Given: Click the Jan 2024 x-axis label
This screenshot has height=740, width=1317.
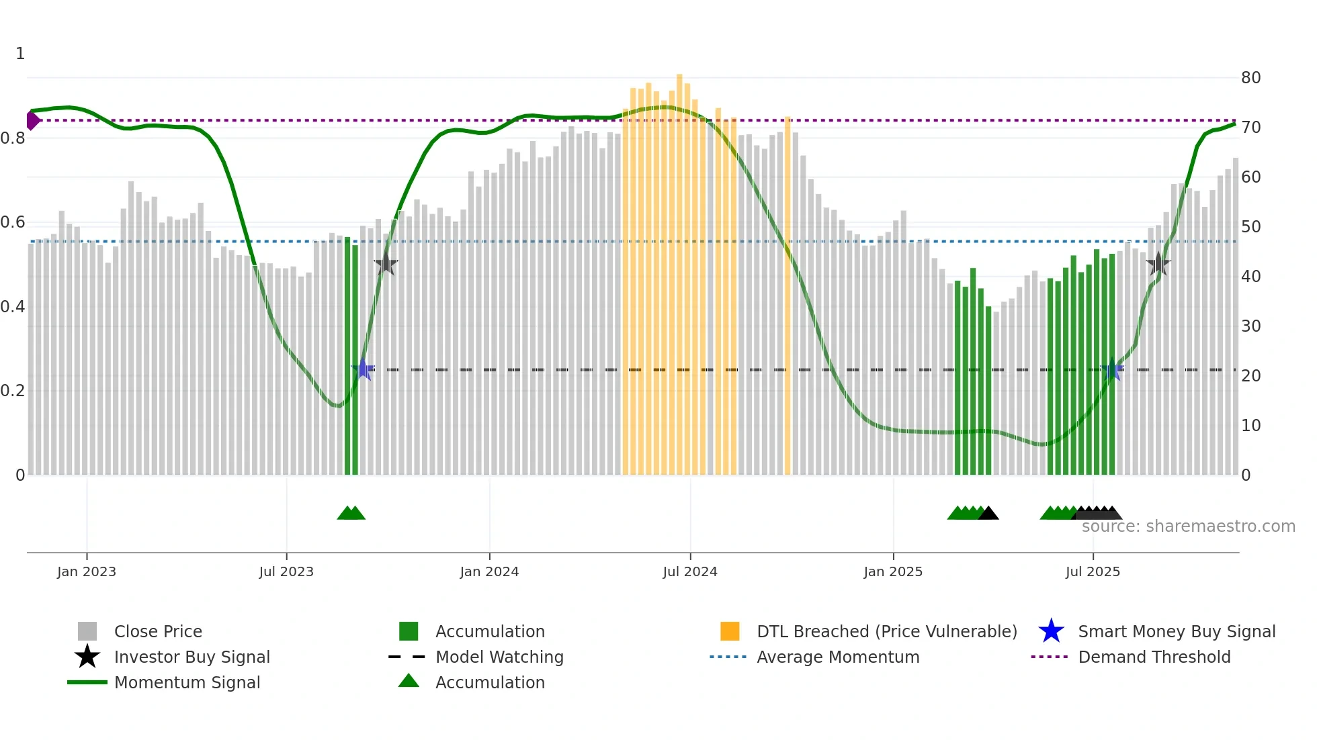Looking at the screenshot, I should click(x=489, y=571).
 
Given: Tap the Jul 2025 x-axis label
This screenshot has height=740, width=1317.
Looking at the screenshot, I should click(x=1093, y=571).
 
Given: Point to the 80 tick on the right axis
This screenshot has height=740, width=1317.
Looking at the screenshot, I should click(x=1250, y=78).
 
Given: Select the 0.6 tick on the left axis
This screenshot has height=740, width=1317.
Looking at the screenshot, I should click(x=13, y=222).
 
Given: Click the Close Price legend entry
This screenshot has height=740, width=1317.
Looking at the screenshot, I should click(x=157, y=631).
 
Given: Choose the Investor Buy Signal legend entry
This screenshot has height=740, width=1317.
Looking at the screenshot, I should click(x=192, y=657).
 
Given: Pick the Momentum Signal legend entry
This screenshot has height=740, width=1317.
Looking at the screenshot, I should click(x=187, y=682).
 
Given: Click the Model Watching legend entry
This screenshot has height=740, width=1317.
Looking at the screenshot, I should click(x=499, y=657).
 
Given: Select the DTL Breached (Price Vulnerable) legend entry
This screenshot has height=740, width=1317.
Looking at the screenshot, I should click(x=886, y=631).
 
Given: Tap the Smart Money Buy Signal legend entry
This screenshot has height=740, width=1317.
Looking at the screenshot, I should click(x=1176, y=631).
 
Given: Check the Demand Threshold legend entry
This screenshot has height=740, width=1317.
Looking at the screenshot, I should click(x=1154, y=657).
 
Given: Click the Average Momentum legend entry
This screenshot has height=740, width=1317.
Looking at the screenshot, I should click(x=837, y=657).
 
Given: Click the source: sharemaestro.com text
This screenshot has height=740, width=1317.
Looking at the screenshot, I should click(x=1188, y=526).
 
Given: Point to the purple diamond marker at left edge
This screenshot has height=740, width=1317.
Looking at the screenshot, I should click(x=32, y=121).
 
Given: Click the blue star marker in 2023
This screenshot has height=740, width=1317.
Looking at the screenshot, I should click(x=364, y=369).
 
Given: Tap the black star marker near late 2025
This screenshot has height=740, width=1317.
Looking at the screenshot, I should click(x=1158, y=264).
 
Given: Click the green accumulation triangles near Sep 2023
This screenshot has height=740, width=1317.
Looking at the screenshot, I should click(x=351, y=513).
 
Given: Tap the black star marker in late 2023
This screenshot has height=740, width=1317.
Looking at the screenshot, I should click(x=386, y=264).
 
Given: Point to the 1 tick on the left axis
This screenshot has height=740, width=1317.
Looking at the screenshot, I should click(x=20, y=54).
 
